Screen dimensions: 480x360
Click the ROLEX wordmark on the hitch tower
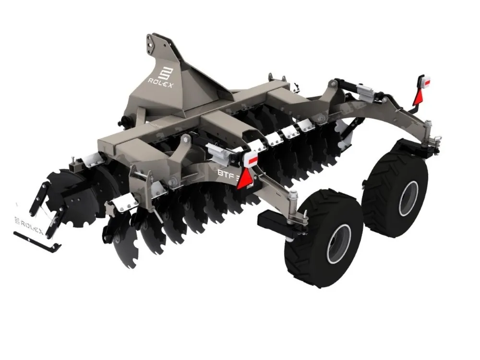(160, 83)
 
